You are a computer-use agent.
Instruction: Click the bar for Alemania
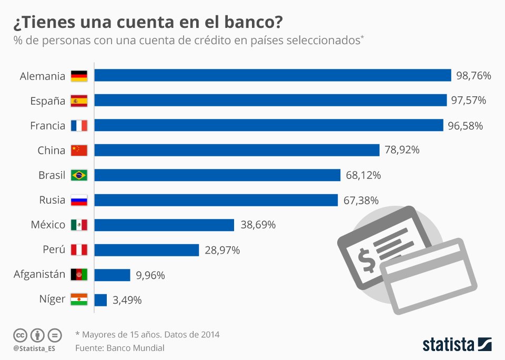coord(272,75)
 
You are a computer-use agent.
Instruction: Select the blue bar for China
coord(237,150)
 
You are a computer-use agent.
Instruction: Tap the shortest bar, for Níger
coord(100,300)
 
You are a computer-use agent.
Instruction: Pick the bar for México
coord(164,225)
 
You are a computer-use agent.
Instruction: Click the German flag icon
coord(79,76)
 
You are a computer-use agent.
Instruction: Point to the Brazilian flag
coord(79,175)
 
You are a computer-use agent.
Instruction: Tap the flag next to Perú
coord(79,250)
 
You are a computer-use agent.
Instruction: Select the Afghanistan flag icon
coord(79,275)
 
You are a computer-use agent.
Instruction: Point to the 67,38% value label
coord(360,200)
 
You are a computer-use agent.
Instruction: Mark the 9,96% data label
coord(150,275)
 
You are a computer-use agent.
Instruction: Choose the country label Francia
coord(48,125)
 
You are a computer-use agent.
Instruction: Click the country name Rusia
coord(52,200)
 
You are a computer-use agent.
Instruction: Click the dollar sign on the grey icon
coord(366,260)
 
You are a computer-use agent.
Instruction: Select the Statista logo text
coord(448,345)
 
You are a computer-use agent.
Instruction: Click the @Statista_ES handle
coord(34,348)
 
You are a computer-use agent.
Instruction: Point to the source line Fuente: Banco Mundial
coord(120,348)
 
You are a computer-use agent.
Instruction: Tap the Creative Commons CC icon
coord(20,335)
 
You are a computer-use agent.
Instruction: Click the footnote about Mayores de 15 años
coord(147,334)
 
